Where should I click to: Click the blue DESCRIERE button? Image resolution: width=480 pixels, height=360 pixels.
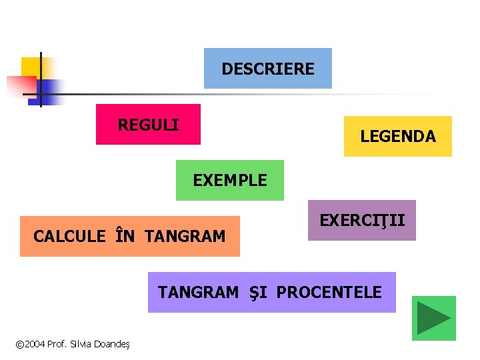tap(267, 69)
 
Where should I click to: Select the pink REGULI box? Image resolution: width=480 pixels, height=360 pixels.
tap(148, 125)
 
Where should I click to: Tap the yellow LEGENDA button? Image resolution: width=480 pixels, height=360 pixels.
tap(397, 137)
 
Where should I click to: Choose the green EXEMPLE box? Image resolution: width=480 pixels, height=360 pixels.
tap(229, 180)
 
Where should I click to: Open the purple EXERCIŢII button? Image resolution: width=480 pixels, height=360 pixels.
tap(362, 220)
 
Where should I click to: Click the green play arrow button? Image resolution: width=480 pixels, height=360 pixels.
tap(433, 318)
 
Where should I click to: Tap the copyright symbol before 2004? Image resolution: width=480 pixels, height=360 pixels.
tap(19, 345)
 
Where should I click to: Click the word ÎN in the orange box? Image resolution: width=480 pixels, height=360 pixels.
tap(125, 236)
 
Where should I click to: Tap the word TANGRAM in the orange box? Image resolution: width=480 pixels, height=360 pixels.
tap(185, 236)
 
